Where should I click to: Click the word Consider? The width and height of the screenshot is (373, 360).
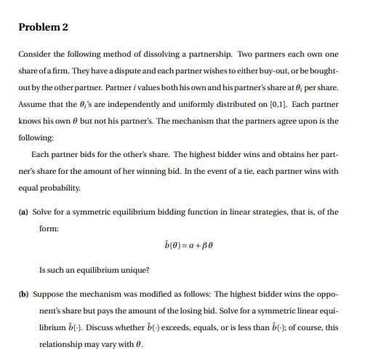tap(33, 55)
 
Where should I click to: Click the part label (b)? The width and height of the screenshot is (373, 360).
tap(23, 295)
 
